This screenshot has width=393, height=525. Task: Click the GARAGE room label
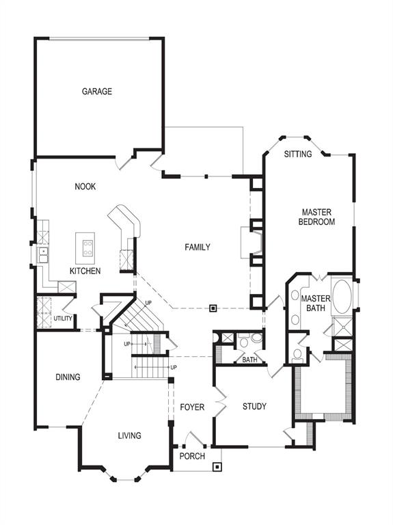point(97,92)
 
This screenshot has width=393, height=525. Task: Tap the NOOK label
point(85,187)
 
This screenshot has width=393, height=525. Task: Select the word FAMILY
point(197,247)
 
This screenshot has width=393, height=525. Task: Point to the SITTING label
point(297,154)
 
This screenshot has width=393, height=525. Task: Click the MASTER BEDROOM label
point(318,217)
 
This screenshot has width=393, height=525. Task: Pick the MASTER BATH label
point(316,304)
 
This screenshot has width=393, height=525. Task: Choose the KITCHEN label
point(85,271)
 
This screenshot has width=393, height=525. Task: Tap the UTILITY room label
point(62,319)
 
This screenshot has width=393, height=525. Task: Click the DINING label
point(68,377)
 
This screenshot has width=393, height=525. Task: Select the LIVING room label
point(129,435)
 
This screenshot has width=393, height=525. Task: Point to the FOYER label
point(192,407)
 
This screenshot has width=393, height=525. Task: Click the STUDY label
point(254,407)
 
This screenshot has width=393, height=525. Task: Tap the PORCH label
point(192,456)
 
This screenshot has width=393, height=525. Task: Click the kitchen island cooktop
point(88,248)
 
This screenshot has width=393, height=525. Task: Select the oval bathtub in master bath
point(341,296)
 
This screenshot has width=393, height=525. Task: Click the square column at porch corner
point(217,468)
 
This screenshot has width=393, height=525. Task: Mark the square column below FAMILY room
point(213,308)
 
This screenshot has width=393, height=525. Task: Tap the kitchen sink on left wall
point(42,254)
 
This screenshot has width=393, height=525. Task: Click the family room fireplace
point(246,243)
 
